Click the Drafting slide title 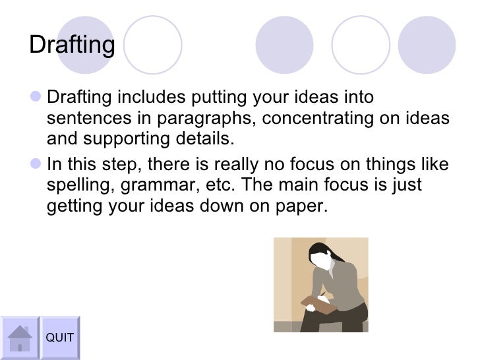(x=72, y=45)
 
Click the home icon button (x=20, y=338)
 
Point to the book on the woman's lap (x=316, y=303)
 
